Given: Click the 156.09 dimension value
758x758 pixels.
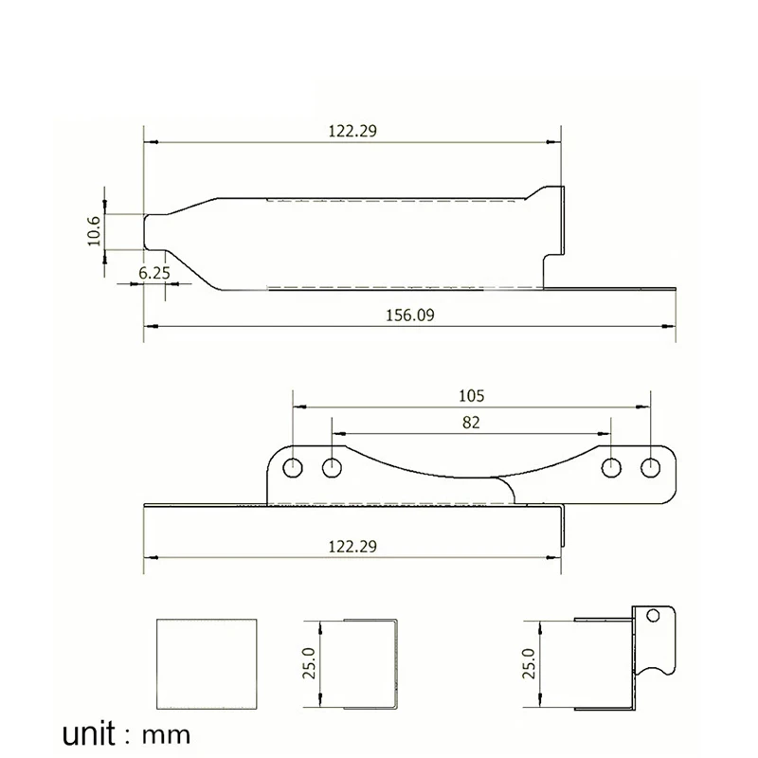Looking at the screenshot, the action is pyautogui.click(x=410, y=316).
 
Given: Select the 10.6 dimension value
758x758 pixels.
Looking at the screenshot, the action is pyautogui.click(x=94, y=231).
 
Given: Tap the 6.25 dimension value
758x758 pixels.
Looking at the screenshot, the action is pyautogui.click(x=154, y=273).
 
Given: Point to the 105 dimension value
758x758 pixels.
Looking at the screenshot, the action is pyautogui.click(x=471, y=396).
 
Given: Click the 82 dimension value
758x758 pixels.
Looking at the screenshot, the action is pyautogui.click(x=471, y=423).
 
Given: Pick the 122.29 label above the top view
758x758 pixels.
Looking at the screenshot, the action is pyautogui.click(x=352, y=131).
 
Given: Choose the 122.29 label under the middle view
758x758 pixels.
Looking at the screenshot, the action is pyautogui.click(x=352, y=547).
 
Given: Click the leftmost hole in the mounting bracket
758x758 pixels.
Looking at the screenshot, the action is pyautogui.click(x=293, y=468).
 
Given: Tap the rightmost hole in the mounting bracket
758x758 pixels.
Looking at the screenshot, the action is pyautogui.click(x=650, y=468).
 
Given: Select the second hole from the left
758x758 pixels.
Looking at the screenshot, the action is pyautogui.click(x=332, y=468).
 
